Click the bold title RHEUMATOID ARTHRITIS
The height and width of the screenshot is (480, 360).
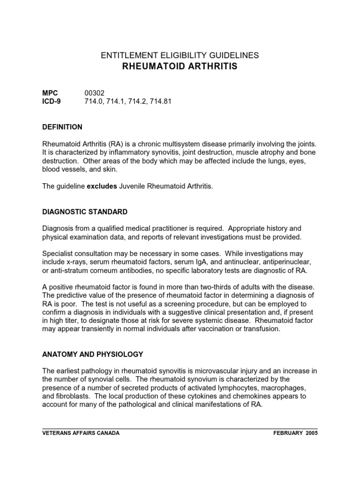pos(180,67)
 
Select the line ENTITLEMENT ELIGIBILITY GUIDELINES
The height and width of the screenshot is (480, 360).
pos(180,55)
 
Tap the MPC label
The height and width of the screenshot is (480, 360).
pos(50,93)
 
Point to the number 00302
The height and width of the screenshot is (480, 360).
pos(94,93)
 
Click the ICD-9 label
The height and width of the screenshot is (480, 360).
pos(52,101)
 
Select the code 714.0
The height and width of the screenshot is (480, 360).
pos(94,101)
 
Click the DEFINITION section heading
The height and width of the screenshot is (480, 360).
pos(62,127)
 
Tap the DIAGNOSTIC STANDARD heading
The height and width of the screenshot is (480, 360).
pos(84,212)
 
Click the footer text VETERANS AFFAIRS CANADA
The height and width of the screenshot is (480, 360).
pos(81,433)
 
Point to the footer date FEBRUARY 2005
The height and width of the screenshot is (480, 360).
pos(295,433)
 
